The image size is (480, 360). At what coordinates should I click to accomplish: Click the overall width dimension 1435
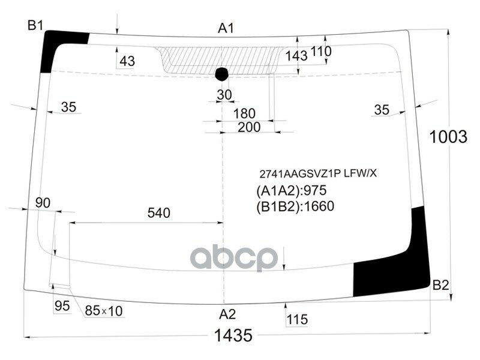233,335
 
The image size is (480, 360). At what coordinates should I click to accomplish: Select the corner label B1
35,25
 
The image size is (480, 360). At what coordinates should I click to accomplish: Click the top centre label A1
226,28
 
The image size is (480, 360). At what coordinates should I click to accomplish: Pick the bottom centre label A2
227,314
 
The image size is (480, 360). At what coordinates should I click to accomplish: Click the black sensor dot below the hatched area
222,74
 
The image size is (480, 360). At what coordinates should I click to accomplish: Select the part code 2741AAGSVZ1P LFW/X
317,173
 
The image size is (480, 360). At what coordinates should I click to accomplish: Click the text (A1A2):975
290,191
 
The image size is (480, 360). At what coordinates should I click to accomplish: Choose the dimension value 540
159,212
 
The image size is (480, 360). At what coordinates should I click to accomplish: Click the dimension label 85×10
104,311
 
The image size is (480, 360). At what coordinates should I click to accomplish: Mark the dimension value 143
296,56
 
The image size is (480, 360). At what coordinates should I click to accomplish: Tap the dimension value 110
321,52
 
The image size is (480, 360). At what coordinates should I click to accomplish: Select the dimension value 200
248,127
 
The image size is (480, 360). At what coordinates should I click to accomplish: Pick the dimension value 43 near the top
127,61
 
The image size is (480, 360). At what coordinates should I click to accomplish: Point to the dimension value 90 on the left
43,203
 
